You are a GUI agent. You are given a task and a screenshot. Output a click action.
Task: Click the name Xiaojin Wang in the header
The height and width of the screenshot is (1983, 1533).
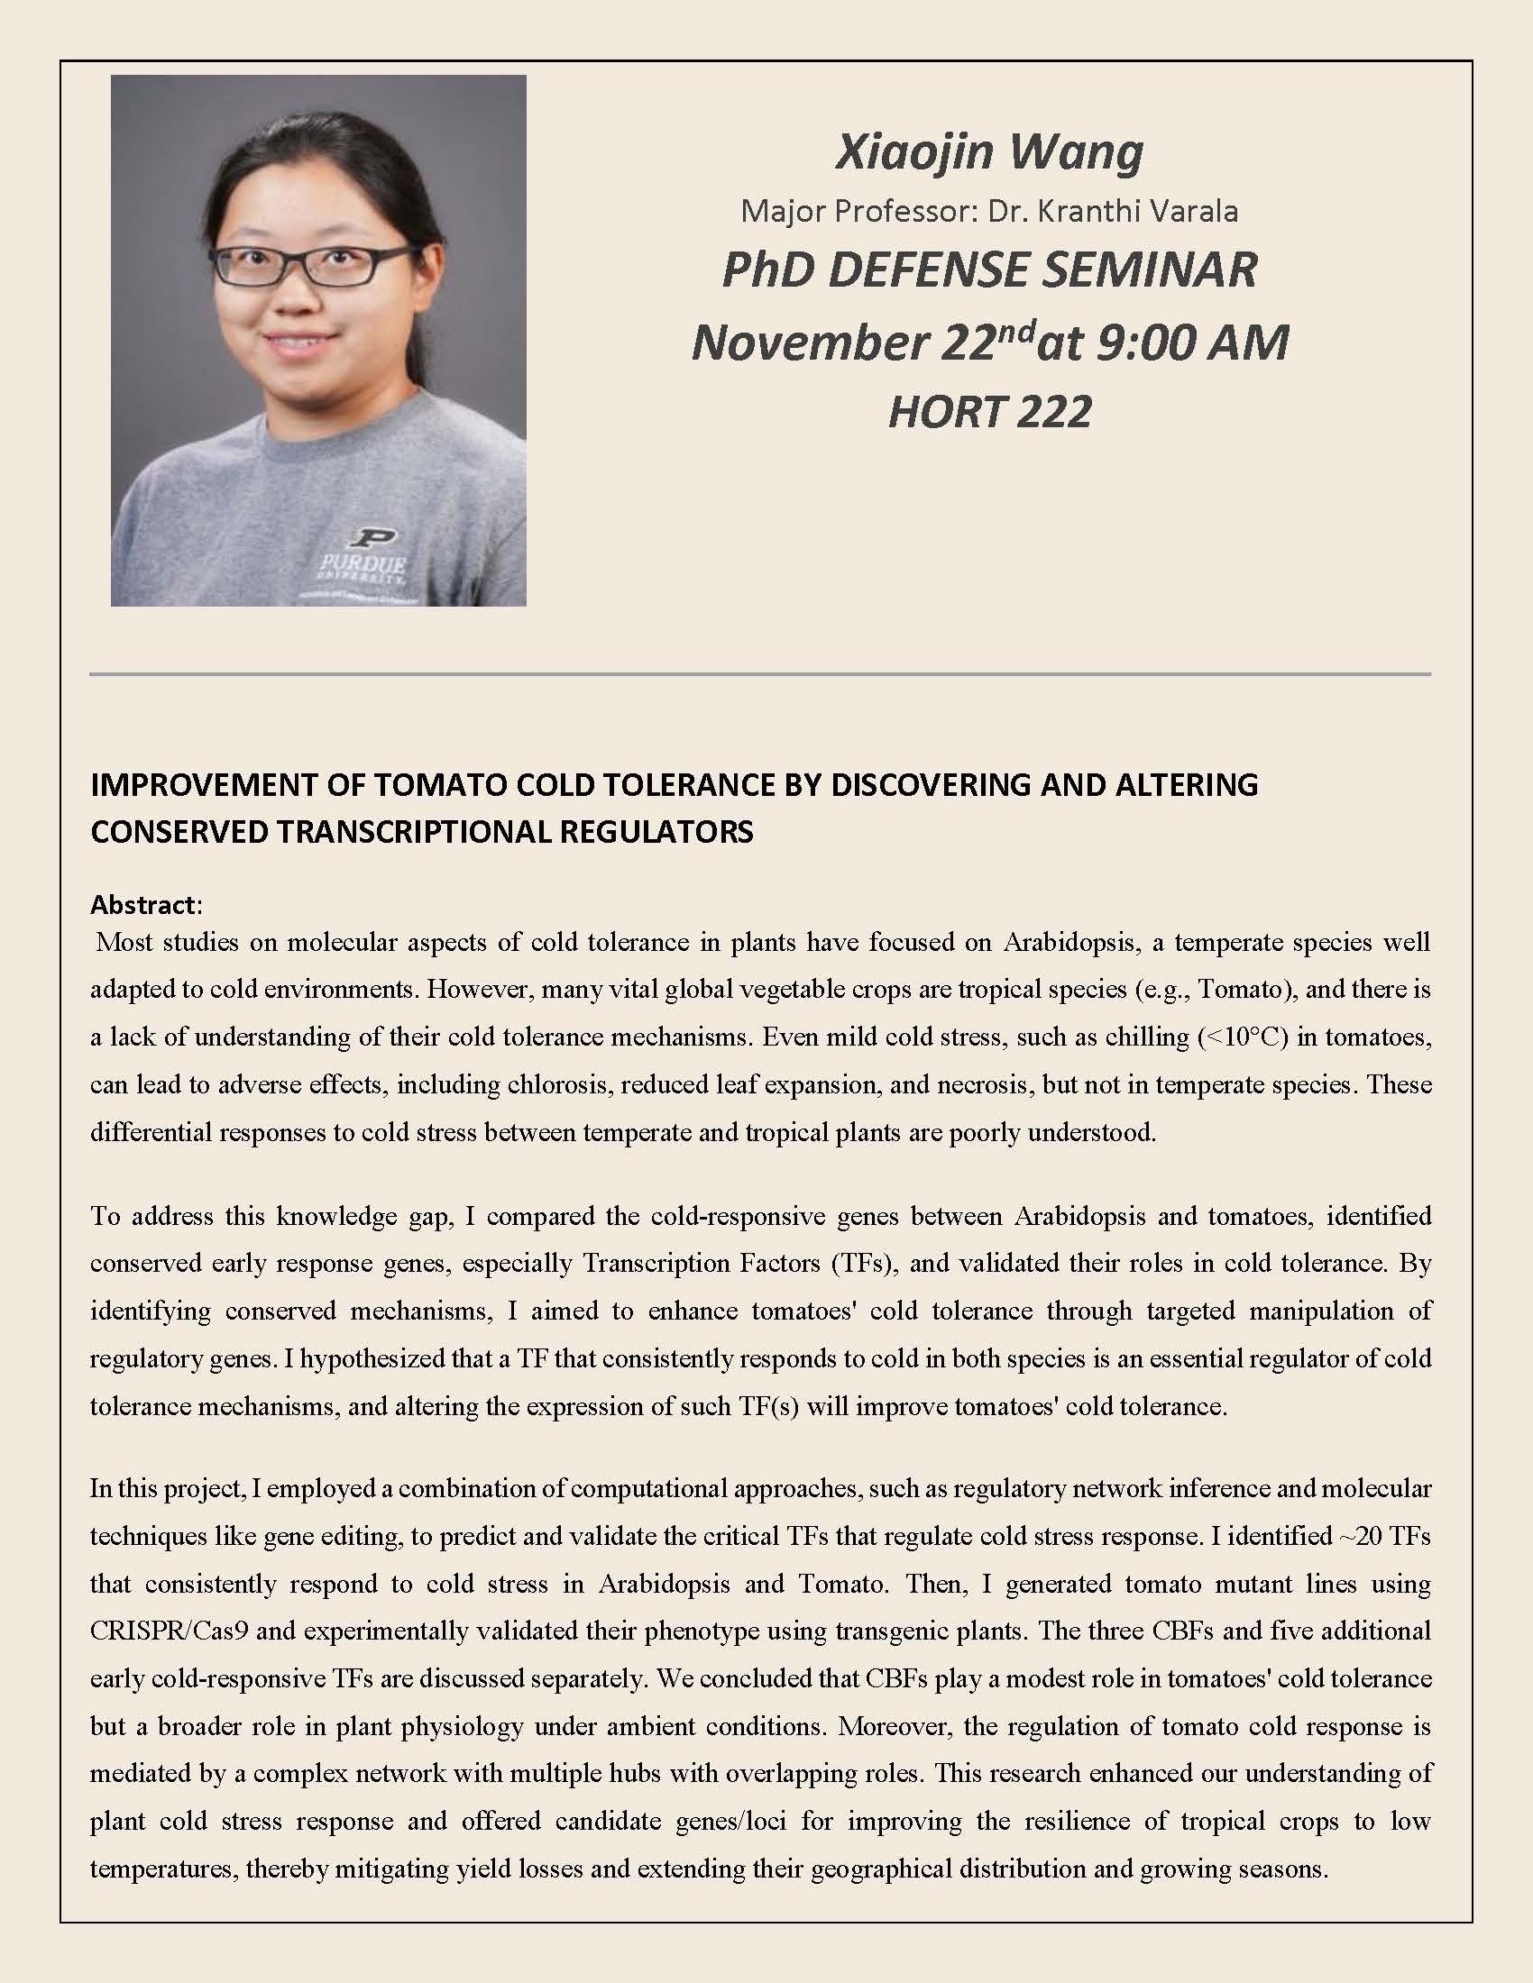(x=989, y=152)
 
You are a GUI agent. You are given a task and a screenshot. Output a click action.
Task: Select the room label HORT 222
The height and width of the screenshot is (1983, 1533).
(x=989, y=412)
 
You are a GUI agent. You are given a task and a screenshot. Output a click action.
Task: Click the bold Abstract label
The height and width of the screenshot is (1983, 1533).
(x=142, y=904)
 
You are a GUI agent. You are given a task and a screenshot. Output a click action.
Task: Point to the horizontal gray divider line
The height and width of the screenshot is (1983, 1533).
(x=760, y=674)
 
